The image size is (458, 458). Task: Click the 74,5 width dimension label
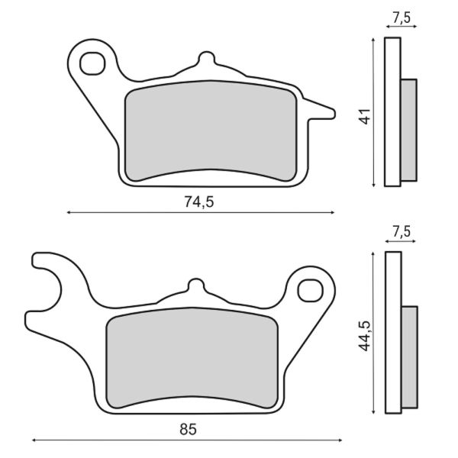[x=196, y=202]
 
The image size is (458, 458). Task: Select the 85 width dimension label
[x=188, y=429]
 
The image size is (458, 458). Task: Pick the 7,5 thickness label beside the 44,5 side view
[x=401, y=231]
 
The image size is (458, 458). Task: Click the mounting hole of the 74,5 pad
[x=92, y=62]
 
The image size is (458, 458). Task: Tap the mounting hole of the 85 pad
[x=309, y=289]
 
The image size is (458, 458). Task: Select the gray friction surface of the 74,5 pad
[x=209, y=131]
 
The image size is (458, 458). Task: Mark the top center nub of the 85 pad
[x=196, y=286]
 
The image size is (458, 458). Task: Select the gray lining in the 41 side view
[x=408, y=130]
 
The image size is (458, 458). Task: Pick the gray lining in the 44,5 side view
[x=409, y=356]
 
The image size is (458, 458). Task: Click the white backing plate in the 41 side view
[x=392, y=111]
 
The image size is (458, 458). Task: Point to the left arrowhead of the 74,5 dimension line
[x=70, y=213]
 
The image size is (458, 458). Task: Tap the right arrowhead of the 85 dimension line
[x=340, y=440]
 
